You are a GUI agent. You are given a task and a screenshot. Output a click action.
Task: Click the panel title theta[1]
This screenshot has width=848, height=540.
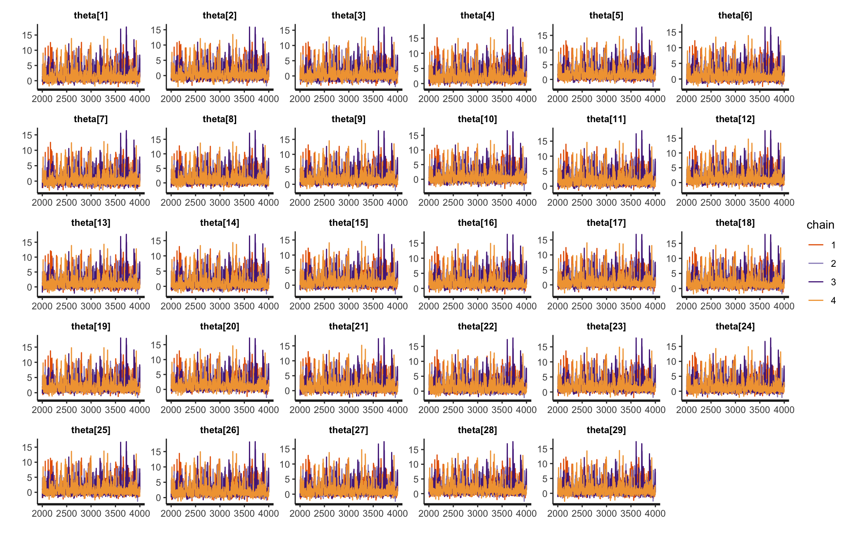(91, 15)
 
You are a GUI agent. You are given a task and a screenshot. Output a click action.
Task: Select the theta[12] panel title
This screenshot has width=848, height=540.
(735, 119)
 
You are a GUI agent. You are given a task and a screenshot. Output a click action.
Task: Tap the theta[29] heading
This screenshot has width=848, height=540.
(606, 430)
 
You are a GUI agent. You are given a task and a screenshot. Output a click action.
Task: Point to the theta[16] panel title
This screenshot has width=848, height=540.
(477, 223)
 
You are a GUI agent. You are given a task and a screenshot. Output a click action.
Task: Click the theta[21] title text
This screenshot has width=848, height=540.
(348, 326)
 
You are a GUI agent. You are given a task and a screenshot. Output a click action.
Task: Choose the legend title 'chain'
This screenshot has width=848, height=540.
(820, 225)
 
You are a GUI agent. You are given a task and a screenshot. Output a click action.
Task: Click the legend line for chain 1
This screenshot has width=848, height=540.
(816, 245)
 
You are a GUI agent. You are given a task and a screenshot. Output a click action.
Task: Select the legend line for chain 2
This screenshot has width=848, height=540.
(816, 263)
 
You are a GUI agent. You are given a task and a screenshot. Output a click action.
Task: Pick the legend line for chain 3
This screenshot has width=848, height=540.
(816, 282)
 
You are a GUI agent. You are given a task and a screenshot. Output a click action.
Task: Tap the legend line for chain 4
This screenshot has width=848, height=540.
(816, 300)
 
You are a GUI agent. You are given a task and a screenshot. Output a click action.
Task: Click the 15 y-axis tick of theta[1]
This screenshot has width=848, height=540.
(27, 35)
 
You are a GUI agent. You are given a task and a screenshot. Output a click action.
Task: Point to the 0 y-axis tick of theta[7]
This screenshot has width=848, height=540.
(29, 181)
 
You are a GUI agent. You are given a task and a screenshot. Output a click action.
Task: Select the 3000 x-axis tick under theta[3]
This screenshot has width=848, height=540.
(349, 99)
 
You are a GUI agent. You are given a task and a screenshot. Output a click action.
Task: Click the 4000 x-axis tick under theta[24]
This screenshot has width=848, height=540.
(784, 410)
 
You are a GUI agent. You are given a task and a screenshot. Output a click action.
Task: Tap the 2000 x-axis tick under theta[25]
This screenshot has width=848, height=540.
(42, 513)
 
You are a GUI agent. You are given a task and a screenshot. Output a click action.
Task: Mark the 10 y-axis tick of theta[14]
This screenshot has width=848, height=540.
(156, 256)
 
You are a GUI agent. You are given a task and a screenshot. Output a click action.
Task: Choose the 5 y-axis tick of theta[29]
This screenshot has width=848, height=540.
(545, 479)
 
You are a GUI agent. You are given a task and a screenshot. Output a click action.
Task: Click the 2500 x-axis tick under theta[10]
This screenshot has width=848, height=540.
(453, 202)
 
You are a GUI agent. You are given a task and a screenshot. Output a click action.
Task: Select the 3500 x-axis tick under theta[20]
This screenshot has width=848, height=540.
(244, 410)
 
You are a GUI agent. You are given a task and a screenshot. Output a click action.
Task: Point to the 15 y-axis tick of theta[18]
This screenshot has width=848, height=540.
(671, 243)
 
